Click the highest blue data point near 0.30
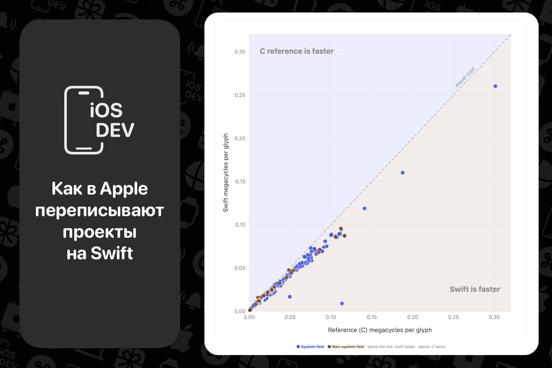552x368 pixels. point(496,86)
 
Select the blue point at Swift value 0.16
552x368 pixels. point(403,173)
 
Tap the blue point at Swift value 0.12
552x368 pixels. point(364,208)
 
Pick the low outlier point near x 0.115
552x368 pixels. point(342,303)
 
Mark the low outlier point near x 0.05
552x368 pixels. point(290,297)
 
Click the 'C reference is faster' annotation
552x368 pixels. point(297,51)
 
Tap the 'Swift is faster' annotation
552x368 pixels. point(475,289)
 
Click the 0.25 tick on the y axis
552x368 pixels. point(240,95)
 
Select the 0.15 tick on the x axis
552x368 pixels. point(372,317)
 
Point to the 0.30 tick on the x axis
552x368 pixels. point(494,317)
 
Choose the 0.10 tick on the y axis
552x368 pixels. point(240,225)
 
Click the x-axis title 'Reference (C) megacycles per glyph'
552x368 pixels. point(380,330)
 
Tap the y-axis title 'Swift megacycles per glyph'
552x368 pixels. point(226,173)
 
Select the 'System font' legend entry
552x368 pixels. point(310,347)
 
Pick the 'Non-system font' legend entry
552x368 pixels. point(346,347)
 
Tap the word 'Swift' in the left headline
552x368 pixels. point(112,253)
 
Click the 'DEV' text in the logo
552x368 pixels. point(115,130)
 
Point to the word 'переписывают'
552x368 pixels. point(100,211)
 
